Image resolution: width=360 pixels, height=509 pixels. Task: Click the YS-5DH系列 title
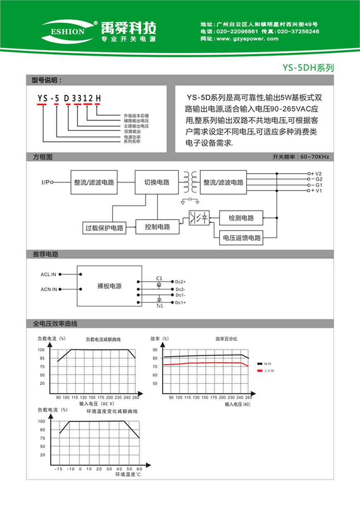coord(308,68)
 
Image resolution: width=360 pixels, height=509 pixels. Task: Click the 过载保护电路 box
coord(104,228)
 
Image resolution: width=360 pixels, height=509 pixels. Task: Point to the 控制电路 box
coord(158,227)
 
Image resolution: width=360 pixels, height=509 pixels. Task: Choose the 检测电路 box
coord(242,218)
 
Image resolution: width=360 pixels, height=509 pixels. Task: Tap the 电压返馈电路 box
coord(242,238)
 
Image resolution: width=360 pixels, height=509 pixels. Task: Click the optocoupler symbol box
coord(199,218)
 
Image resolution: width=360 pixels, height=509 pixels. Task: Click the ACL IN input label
coord(49,274)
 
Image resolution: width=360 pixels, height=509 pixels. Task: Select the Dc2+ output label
coord(180,282)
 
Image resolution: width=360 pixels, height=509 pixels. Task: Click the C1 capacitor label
coord(159,277)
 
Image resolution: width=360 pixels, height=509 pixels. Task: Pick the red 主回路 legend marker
coord(260,370)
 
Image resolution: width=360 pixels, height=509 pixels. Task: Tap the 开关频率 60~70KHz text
coord(300,157)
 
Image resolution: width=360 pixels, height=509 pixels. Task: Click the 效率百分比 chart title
coord(226,339)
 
